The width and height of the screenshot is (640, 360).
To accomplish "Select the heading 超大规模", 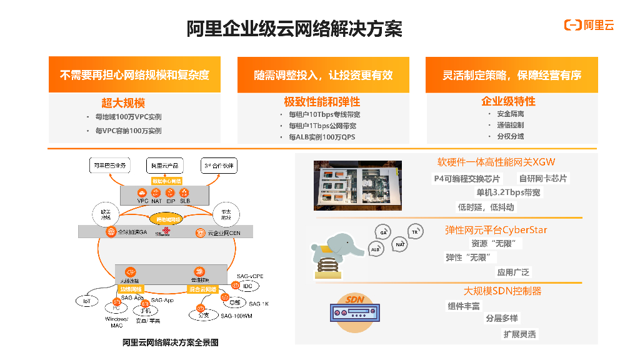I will pos(123,102).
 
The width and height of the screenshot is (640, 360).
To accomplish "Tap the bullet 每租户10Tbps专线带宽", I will pos(324,115).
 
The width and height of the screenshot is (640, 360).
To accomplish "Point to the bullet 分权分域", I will pos(510,136).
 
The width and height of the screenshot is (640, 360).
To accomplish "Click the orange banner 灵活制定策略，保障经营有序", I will pos(511,75).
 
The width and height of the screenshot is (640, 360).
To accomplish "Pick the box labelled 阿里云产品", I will pos(166,166).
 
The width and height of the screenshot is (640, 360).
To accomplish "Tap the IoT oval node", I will pos(87,301).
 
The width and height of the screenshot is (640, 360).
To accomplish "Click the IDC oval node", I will pos(247,286).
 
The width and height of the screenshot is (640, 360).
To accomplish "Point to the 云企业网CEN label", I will pos(219,233).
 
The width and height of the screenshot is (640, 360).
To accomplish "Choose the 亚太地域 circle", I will pos(226,213).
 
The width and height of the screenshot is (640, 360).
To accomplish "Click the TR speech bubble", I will pos(414,232).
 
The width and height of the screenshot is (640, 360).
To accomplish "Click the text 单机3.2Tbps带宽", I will pos(508,192).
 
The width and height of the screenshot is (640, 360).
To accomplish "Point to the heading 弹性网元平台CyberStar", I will pos(496,230).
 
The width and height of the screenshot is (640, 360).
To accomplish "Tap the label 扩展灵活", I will pos(519,334).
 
